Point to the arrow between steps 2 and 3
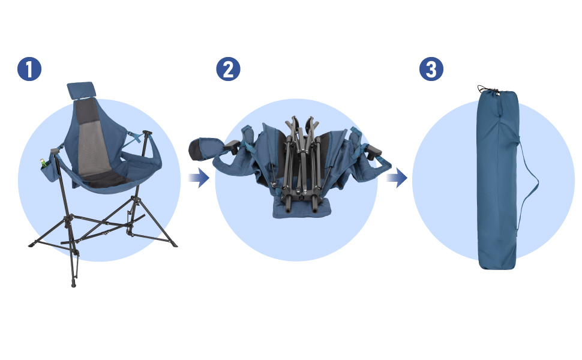(397, 178)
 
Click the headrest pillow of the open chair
(80, 90)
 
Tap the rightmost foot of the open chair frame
(174, 247)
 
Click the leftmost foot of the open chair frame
(32, 244)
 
